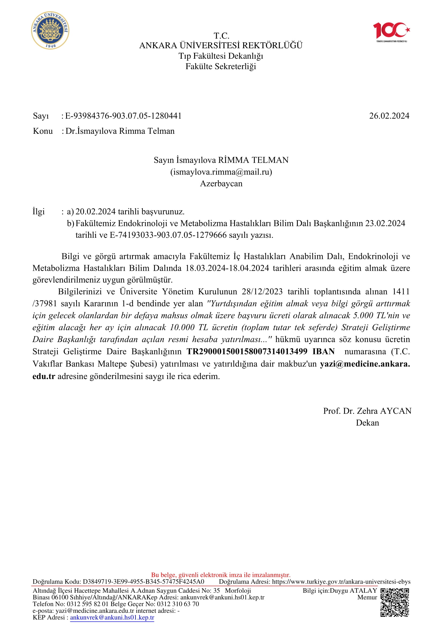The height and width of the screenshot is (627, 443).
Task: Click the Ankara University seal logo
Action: [x=50, y=31]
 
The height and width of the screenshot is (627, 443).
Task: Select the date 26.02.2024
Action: [x=389, y=116]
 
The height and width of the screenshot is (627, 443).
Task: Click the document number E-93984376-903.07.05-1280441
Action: [x=123, y=116]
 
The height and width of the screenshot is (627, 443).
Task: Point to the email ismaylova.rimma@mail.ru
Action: [x=221, y=172]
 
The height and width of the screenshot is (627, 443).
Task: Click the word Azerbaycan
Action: [x=221, y=183]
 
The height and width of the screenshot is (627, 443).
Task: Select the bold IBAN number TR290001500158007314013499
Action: [x=247, y=351]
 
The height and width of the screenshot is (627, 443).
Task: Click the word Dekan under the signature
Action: [x=367, y=423]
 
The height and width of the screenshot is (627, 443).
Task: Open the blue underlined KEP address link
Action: [x=112, y=617]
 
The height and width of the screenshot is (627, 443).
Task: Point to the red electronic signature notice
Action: [x=221, y=575]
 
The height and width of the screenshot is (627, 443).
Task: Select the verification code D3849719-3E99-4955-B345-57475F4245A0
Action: [x=144, y=582]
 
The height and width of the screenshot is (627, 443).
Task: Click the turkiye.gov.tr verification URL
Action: [x=341, y=582]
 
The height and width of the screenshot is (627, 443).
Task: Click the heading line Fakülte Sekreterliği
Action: [x=221, y=66]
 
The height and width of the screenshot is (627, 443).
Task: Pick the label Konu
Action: [x=43, y=131]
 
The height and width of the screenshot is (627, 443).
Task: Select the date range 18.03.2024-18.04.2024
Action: [x=227, y=268]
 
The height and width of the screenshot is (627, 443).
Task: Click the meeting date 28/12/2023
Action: [x=262, y=292]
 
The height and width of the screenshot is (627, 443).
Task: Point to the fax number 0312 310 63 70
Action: [x=178, y=604]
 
